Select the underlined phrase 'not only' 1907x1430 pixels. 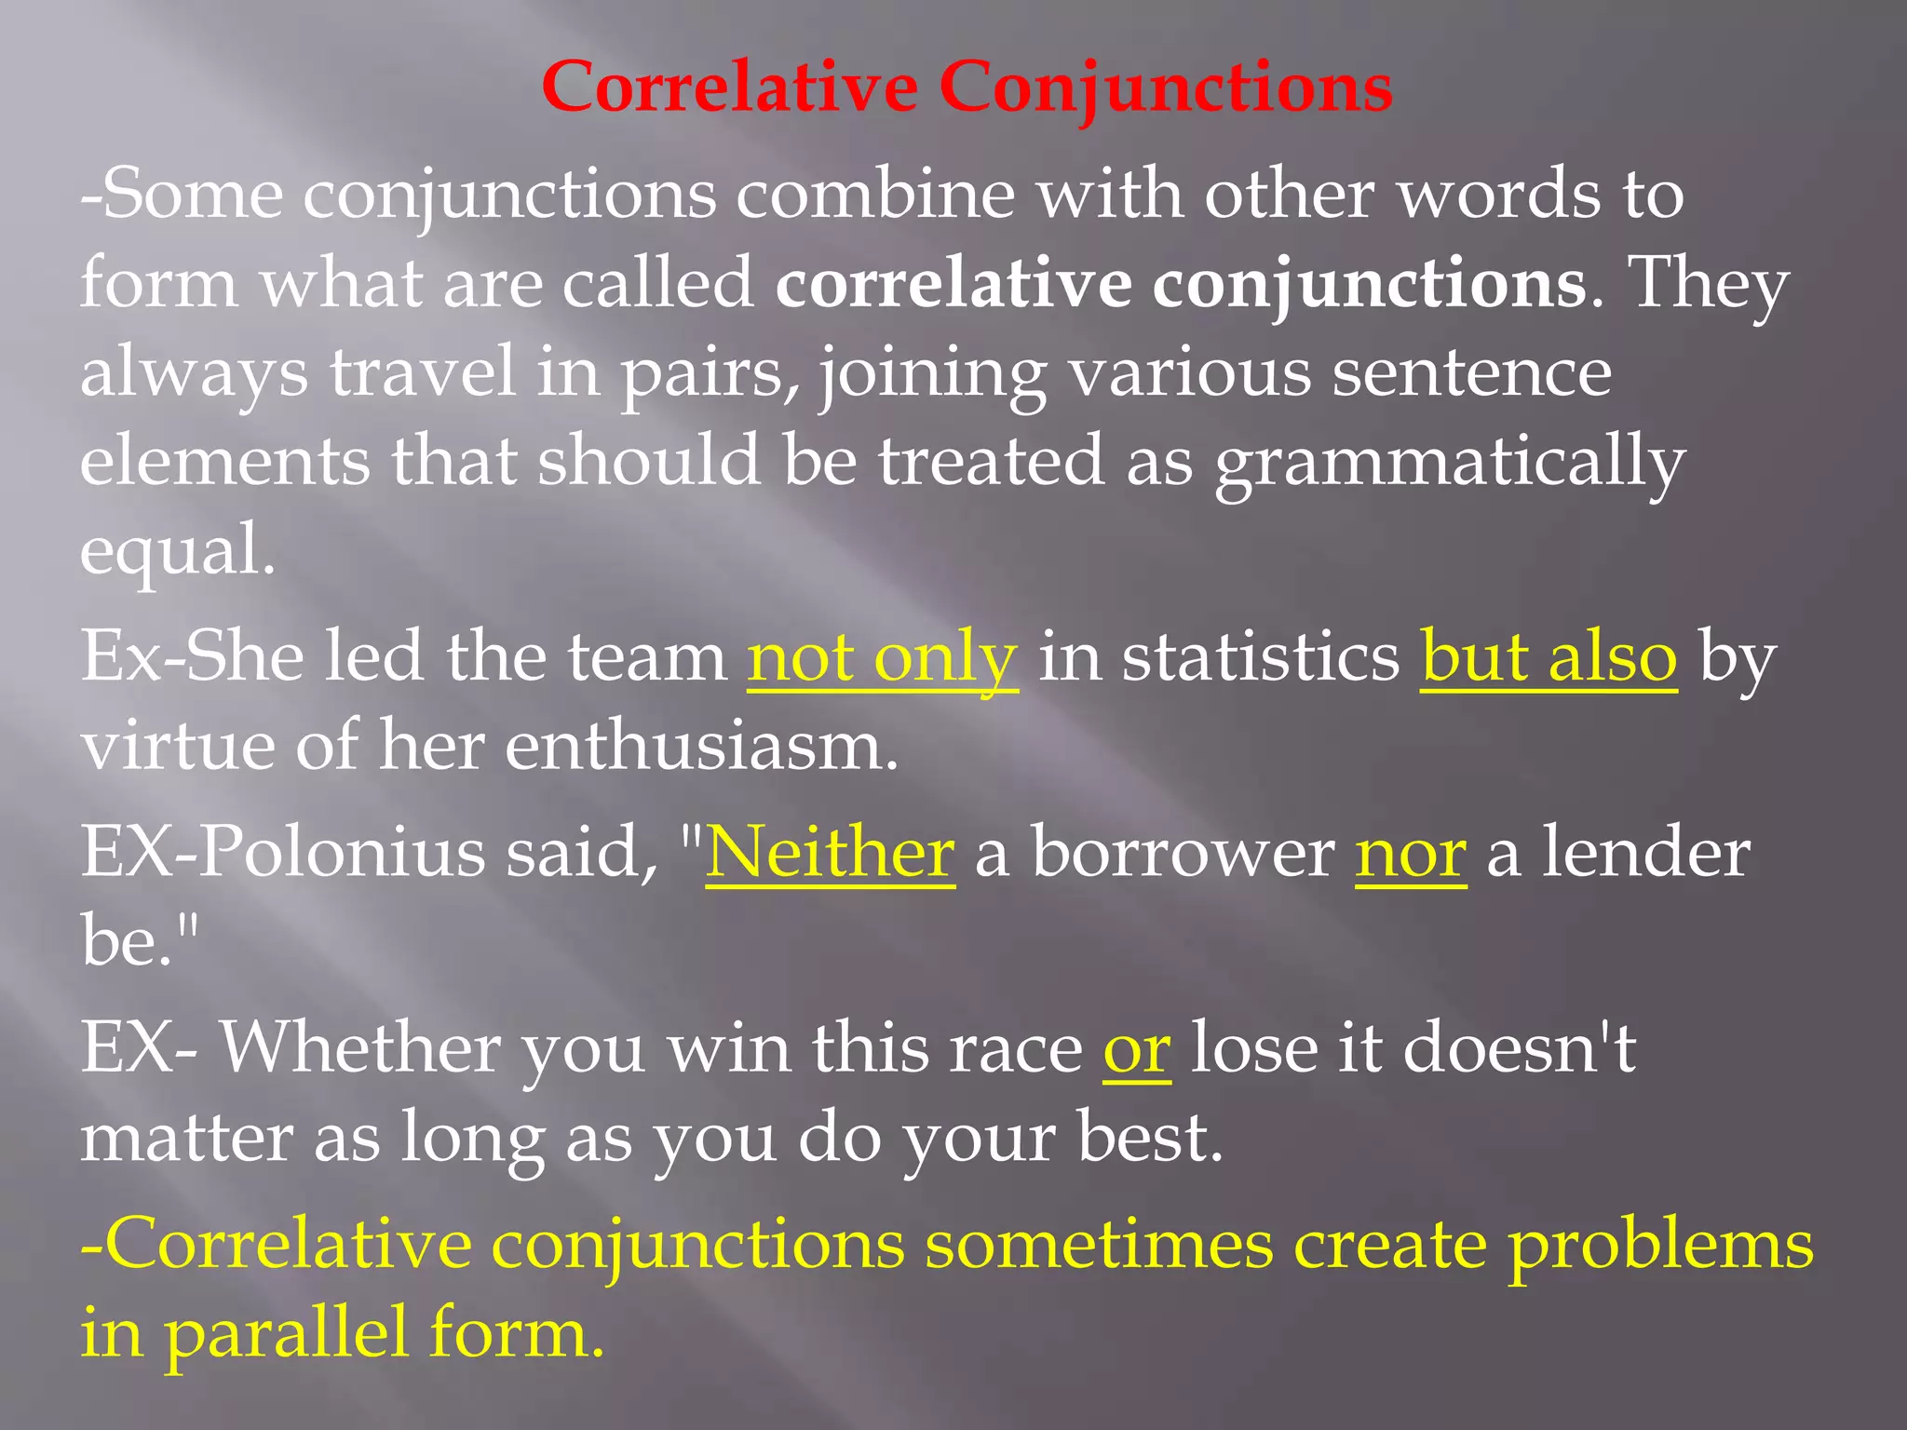882,657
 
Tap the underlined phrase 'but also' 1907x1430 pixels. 1549,657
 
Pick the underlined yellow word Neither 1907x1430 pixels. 830,853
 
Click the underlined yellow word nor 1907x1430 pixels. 1411,855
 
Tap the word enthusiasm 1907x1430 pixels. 701,747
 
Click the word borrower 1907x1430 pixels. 1183,853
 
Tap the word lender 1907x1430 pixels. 1645,853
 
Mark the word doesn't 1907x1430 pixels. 1518,1048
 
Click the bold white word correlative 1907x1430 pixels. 953,285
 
